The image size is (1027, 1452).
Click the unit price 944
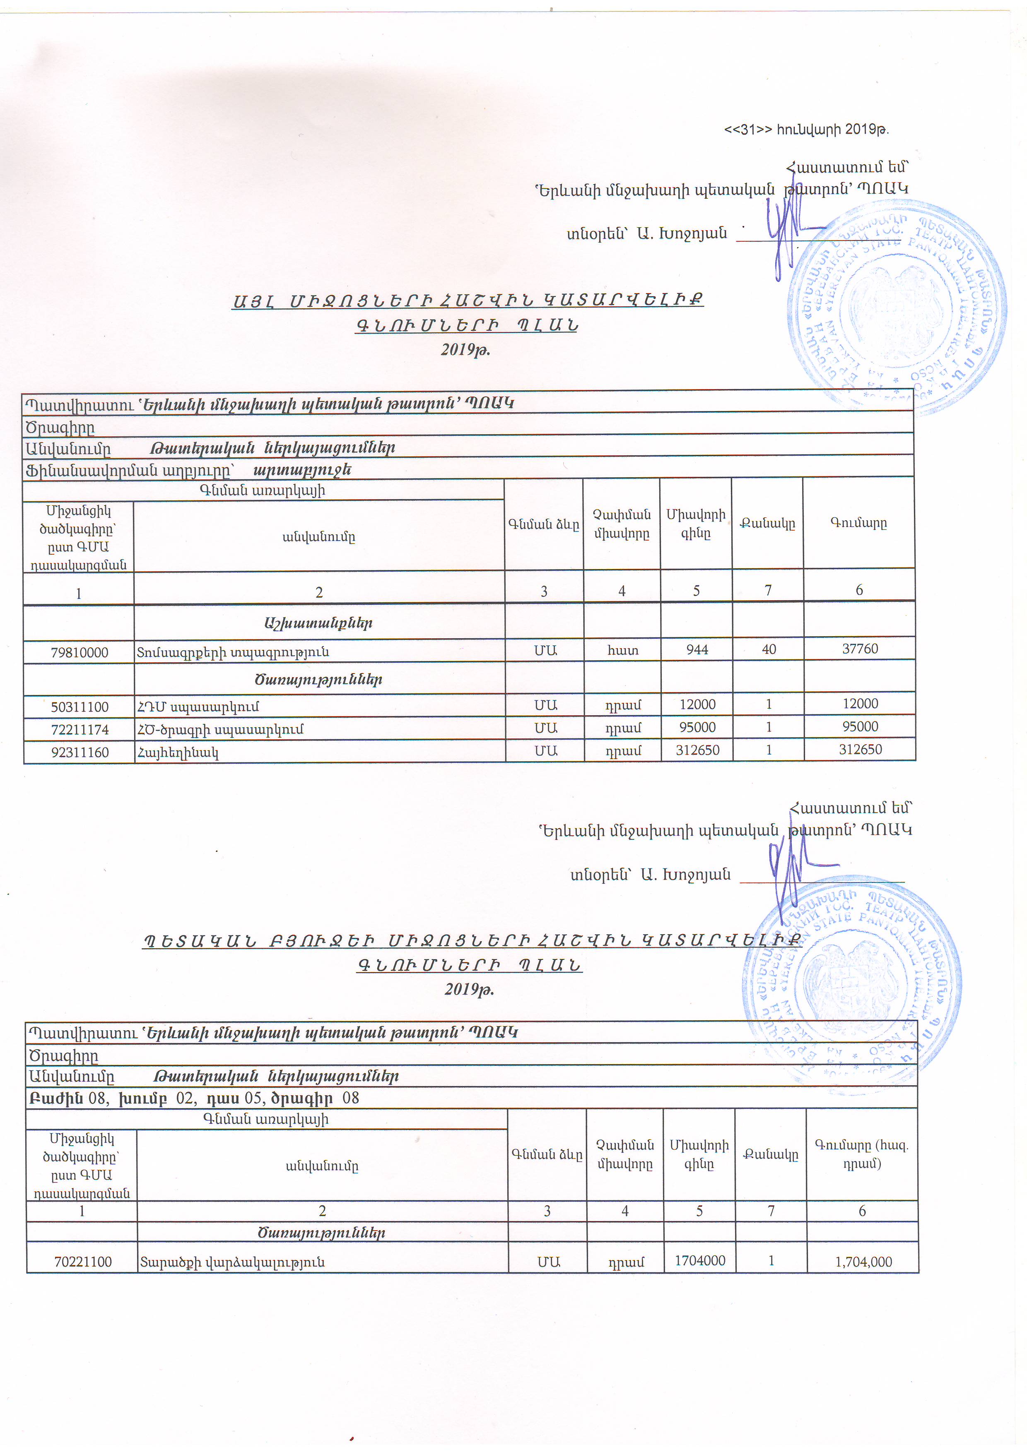pyautogui.click(x=697, y=649)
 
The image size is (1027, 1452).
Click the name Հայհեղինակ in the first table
pyautogui.click(x=178, y=752)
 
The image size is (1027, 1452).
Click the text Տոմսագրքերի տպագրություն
pyautogui.click(x=233, y=652)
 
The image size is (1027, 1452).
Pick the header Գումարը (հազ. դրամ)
pyautogui.click(x=862, y=1154)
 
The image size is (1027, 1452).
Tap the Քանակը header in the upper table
pyautogui.click(x=768, y=524)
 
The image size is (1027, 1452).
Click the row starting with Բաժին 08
pyautogui.click(x=193, y=1098)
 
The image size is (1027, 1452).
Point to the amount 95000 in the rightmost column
pyautogui.click(x=860, y=727)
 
